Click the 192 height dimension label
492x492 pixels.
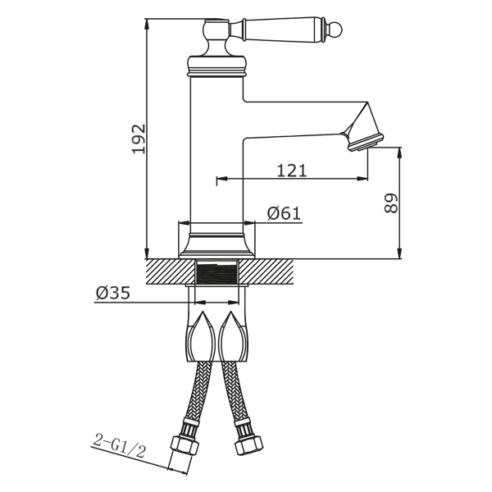coord(139,139)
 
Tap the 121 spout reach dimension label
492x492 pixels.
coord(291,171)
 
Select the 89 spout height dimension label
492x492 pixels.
coord(391,203)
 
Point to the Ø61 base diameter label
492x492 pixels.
coord(284,213)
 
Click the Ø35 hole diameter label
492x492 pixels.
coord(113,294)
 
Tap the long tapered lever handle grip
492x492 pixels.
coord(284,30)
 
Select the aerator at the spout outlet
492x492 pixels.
coord(366,143)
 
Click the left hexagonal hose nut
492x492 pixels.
coord(184,444)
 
